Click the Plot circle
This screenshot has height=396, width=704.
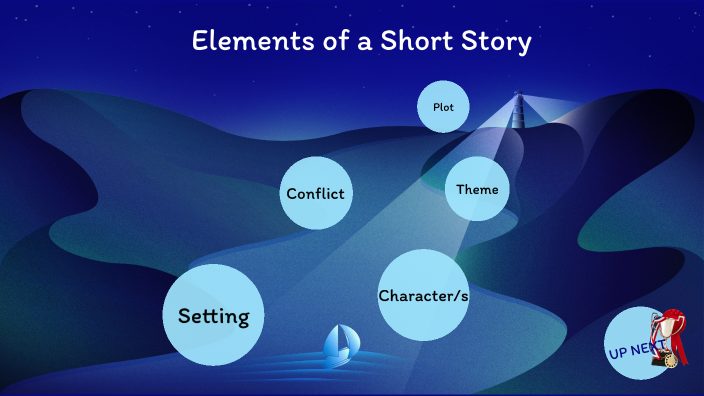tap(443, 107)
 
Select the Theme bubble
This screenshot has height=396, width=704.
tap(477, 189)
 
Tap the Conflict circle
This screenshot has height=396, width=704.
tap(316, 193)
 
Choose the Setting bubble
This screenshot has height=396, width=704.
tap(213, 316)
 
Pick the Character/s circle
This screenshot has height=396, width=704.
tap(423, 296)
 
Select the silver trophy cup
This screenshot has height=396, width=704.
tap(667, 326)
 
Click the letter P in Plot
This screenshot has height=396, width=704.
tap(436, 107)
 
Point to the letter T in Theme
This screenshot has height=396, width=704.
tap(461, 189)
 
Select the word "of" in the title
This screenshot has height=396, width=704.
tap(318, 42)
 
